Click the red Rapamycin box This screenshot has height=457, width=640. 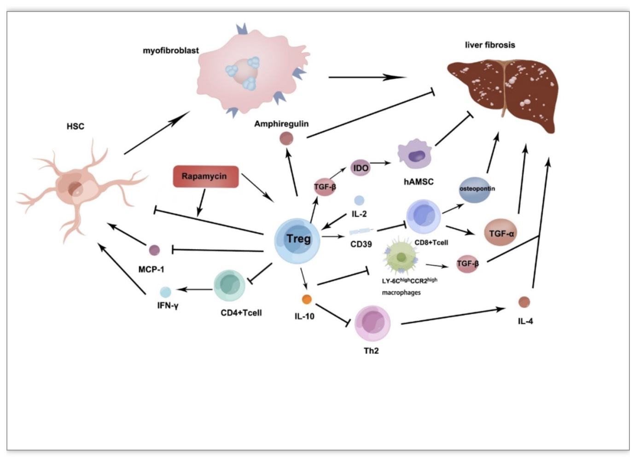206,176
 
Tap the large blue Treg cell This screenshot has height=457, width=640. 297,240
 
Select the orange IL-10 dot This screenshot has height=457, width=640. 307,299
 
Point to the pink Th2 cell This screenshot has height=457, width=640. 372,323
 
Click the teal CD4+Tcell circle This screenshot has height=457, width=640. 229,286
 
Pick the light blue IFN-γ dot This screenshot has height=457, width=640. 166,292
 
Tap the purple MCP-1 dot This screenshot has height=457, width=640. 155,250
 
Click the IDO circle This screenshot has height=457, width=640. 361,168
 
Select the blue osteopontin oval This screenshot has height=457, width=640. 477,190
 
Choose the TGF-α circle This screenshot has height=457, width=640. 501,232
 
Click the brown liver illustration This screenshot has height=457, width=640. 503,94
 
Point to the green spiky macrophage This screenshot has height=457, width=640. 401,256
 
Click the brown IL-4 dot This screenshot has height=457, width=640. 524,302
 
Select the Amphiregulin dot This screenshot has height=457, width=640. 286,139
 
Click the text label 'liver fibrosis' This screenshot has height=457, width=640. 490,45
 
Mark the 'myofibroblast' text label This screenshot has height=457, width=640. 171,51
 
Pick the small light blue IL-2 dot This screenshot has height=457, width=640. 359,200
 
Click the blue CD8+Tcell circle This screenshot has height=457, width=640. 424,217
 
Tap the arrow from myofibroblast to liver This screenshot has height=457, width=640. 367,77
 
